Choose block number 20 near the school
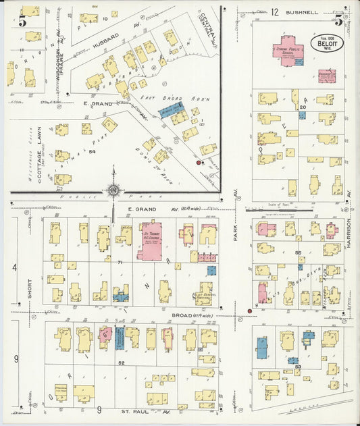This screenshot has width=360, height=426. tap(303, 107)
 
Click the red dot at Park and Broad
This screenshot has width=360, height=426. tap(249, 311)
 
